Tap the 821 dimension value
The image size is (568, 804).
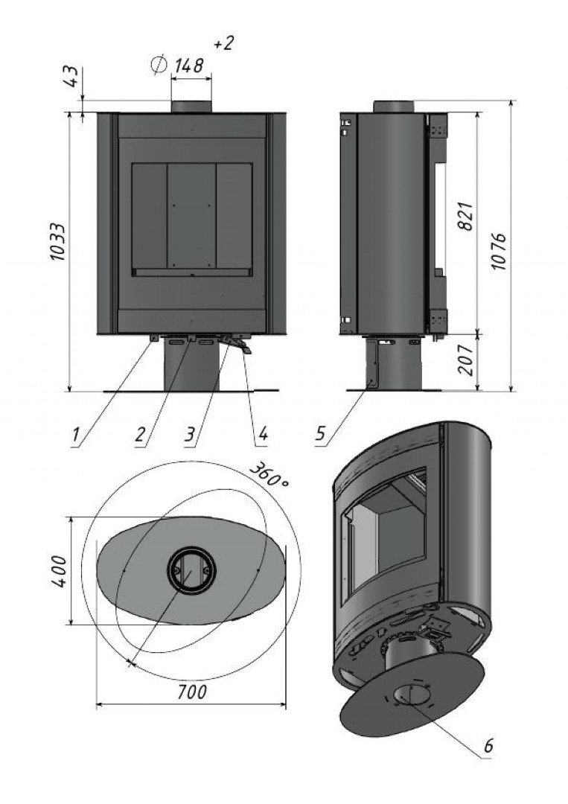tap(467, 217)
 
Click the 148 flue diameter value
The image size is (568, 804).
tap(189, 66)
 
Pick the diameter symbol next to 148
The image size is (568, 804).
tap(158, 66)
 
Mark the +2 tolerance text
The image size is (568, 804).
tap(223, 44)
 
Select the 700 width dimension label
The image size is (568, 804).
tap(192, 692)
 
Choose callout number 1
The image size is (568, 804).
tap(76, 434)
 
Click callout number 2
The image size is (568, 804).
tap(140, 434)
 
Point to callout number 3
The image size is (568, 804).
tap(190, 434)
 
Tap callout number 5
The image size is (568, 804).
tap(320, 434)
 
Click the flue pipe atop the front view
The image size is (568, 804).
tap(191, 106)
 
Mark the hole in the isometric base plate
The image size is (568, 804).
tap(410, 696)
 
